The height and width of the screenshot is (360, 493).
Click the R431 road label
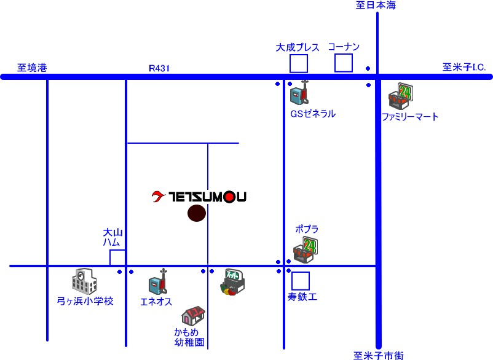tap(159, 68)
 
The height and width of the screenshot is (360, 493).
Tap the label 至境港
tap(32, 68)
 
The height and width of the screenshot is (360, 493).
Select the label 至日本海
tap(376, 5)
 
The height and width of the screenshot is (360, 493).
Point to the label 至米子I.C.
tap(464, 67)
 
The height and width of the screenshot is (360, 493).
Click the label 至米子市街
tap(379, 356)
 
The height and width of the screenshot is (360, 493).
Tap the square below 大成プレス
tap(299, 63)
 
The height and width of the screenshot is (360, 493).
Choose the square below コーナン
tap(344, 63)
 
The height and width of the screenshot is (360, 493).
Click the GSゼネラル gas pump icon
tap(299, 93)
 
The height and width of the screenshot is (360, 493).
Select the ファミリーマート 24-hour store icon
tap(401, 96)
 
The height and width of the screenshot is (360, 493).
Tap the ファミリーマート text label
tap(410, 117)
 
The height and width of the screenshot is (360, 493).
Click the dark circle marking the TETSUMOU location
tap(197, 213)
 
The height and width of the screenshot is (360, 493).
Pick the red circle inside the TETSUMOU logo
tap(229, 197)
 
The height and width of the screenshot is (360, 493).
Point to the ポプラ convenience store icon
tap(306, 250)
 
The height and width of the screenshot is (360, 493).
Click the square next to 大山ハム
tap(117, 258)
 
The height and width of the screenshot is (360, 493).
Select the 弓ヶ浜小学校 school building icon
tap(84, 281)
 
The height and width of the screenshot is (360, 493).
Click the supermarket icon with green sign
tap(232, 282)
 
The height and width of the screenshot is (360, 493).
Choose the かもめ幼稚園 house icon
tap(194, 316)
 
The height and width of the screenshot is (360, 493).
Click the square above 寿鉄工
tap(301, 281)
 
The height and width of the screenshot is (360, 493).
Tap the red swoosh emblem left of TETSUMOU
tap(158, 197)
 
